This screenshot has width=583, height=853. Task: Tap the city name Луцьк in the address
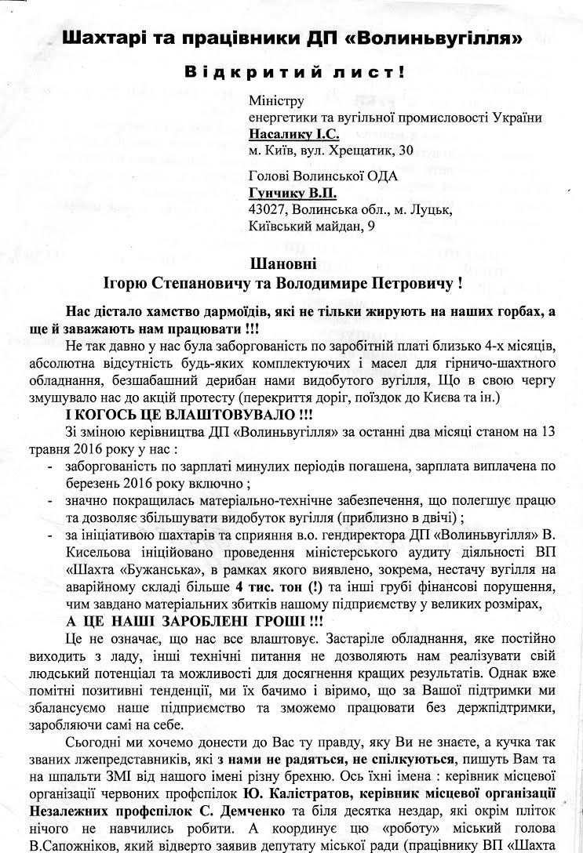[429, 209]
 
